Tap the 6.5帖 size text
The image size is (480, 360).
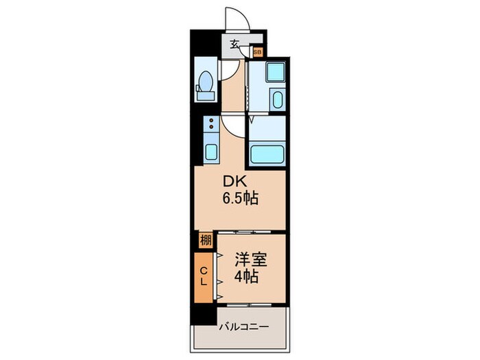[x=239, y=199]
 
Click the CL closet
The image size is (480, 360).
[x=204, y=276]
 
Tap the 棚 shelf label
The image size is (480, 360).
[x=205, y=241]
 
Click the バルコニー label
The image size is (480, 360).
[x=243, y=328]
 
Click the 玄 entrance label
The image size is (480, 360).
[x=235, y=45]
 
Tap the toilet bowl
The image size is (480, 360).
[x=204, y=88]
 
